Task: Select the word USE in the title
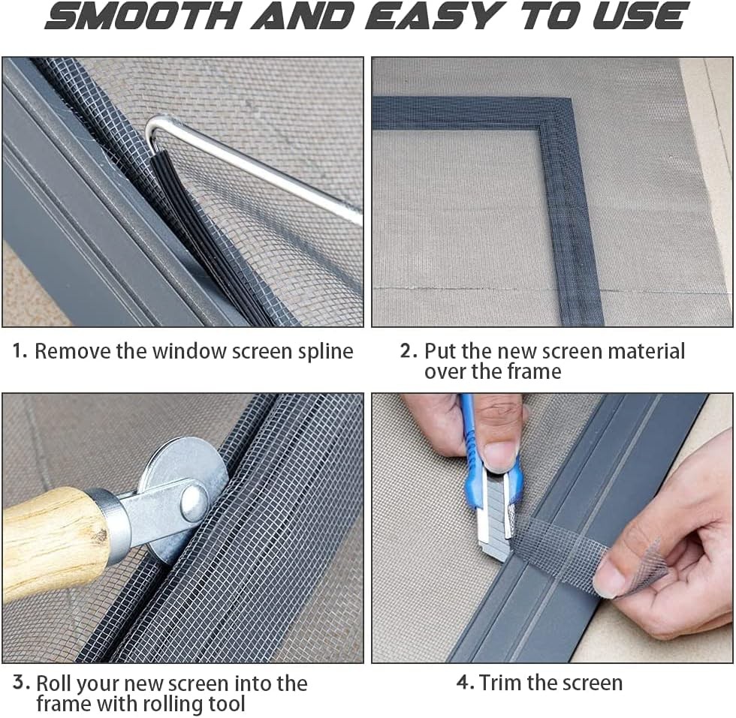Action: pos(639,17)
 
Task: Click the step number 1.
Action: pos(20,350)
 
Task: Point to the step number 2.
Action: pos(408,350)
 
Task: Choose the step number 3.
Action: pos(22,683)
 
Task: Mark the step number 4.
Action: pos(465,683)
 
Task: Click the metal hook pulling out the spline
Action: pos(248,161)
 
